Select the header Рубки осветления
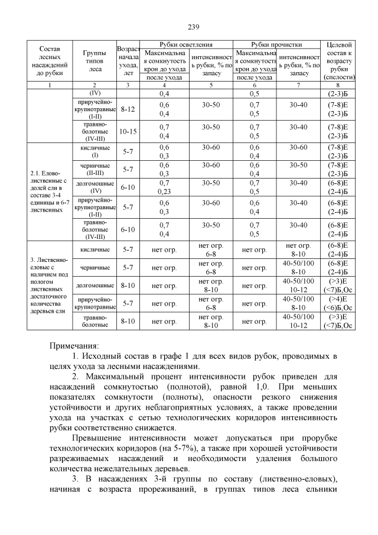(186, 45)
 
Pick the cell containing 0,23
(164, 192)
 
